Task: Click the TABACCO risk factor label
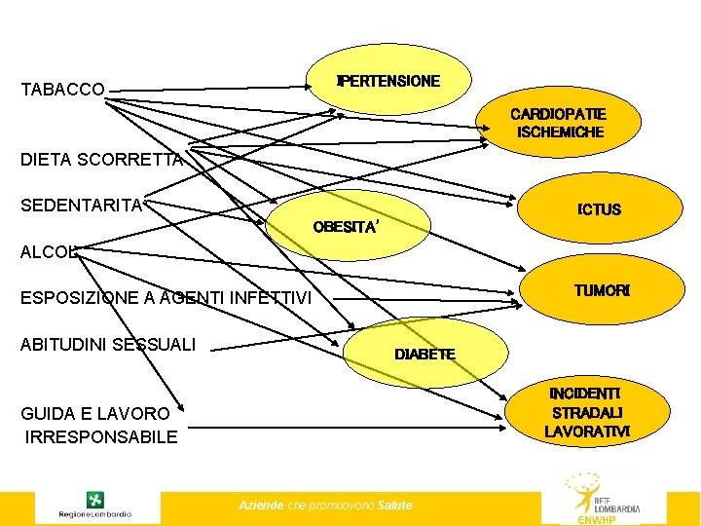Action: click(62, 90)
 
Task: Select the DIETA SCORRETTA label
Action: click(101, 160)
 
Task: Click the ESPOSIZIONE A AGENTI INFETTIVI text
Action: click(166, 298)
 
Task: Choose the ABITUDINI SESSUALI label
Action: click(108, 344)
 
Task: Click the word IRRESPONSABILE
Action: click(101, 436)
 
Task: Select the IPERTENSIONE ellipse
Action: click(388, 80)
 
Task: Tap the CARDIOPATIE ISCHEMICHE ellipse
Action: click(560, 123)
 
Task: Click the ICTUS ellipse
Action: click(598, 209)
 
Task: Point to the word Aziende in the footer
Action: click(261, 505)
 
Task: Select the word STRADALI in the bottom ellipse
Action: click(587, 412)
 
